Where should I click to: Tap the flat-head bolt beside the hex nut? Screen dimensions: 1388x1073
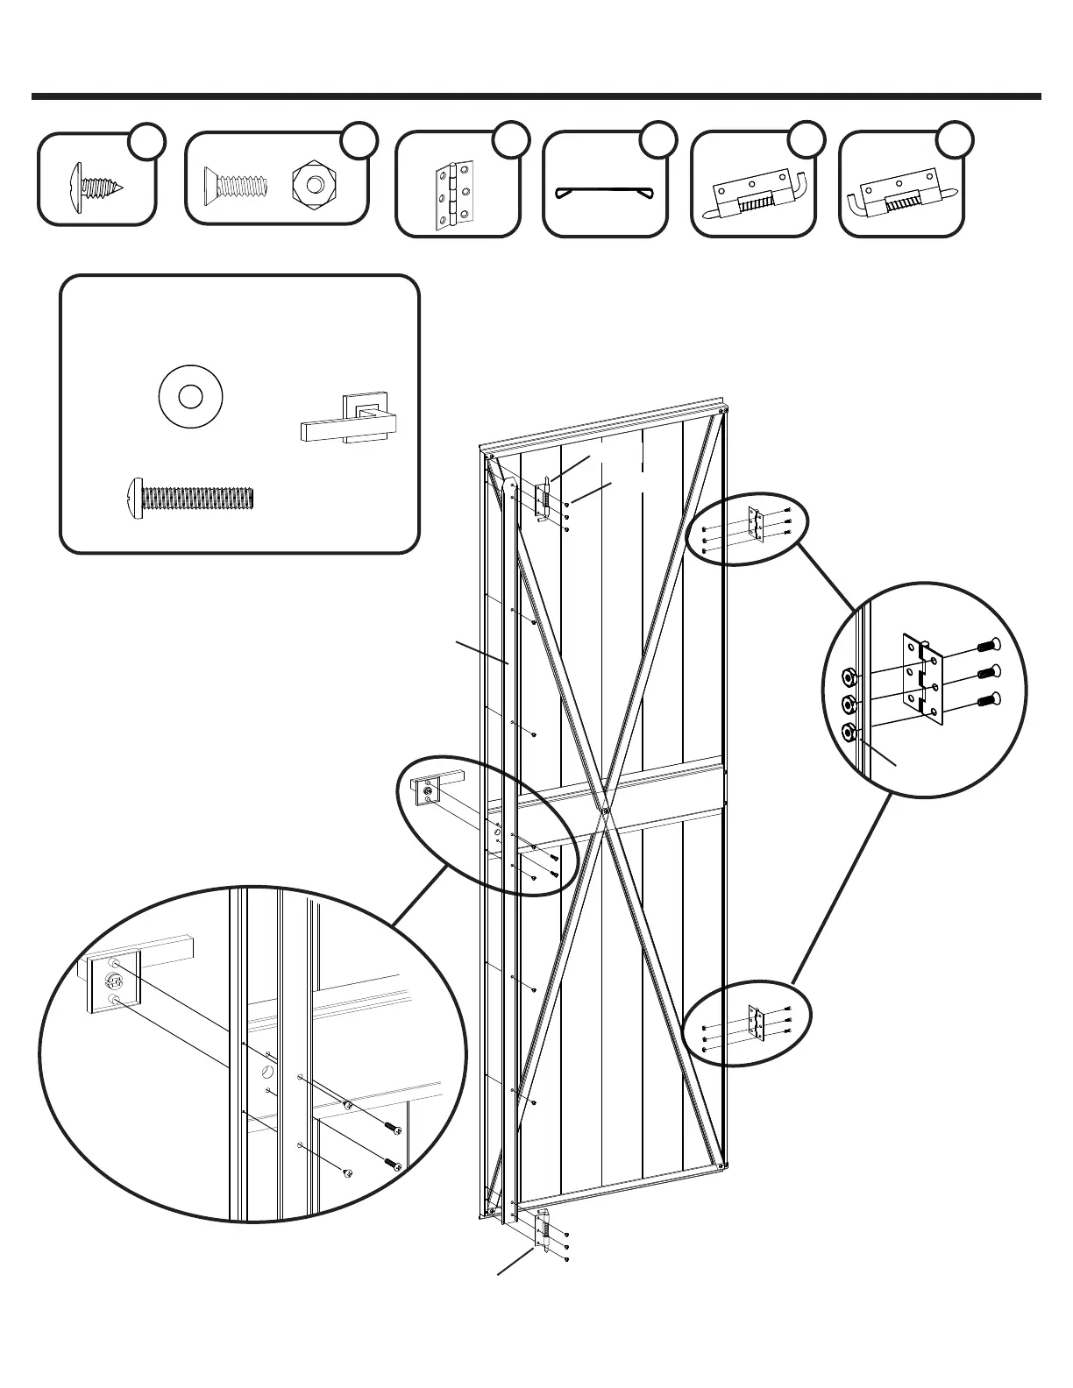tap(235, 186)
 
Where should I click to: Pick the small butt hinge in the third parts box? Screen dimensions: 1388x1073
tap(455, 195)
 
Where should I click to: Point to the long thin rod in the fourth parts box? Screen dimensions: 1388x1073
tap(605, 192)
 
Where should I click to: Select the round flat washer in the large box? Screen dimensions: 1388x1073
tap(190, 397)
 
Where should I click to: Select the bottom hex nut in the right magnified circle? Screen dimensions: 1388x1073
tap(849, 732)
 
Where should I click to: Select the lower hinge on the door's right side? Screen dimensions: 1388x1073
tap(757, 1023)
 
